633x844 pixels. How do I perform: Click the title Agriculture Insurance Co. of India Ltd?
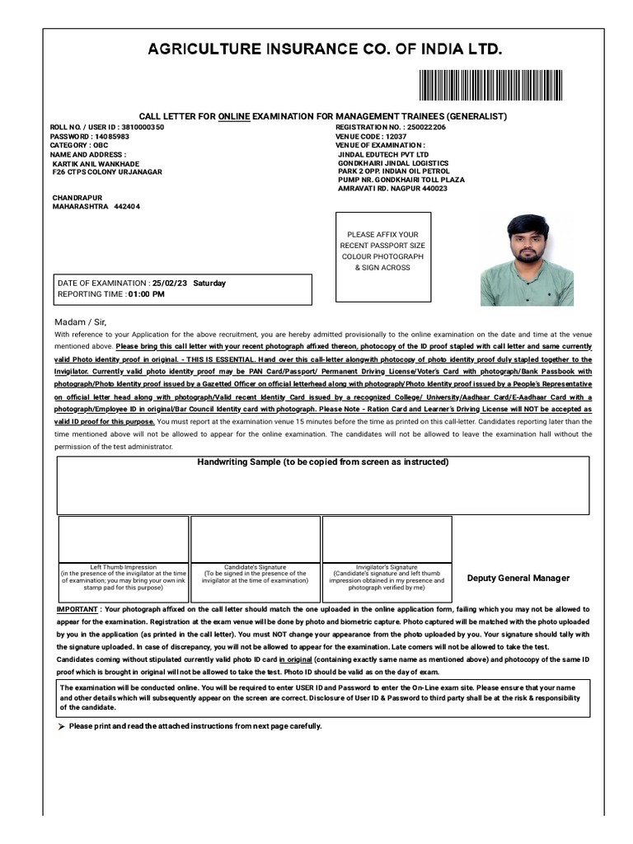[324, 50]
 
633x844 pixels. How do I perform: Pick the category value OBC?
[100, 145]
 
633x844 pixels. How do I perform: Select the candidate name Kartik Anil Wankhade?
[96, 163]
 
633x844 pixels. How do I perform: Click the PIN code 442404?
[127, 207]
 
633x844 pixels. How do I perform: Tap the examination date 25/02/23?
[170, 284]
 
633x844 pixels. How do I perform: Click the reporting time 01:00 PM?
[146, 294]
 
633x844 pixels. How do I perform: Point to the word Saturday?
[209, 284]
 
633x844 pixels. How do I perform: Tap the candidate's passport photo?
[527, 260]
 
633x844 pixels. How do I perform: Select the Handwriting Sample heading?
[322, 462]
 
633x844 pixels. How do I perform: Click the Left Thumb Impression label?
[123, 567]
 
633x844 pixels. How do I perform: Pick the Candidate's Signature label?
[255, 567]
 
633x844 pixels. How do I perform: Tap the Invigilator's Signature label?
[387, 567]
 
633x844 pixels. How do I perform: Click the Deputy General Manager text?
[518, 578]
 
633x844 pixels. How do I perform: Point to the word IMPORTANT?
[76, 609]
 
